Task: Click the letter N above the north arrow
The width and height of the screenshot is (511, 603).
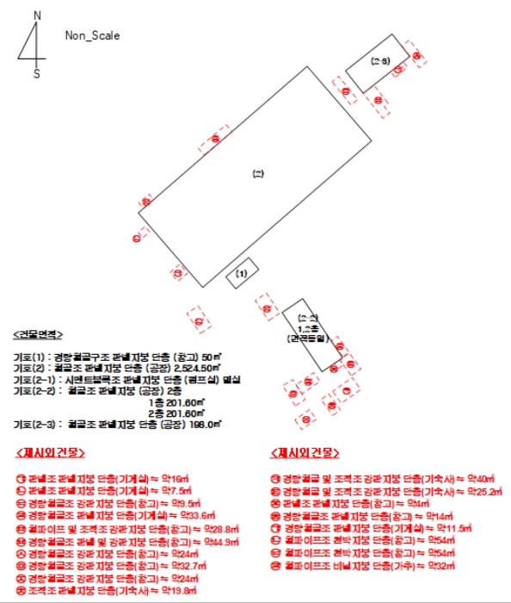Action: click(36, 16)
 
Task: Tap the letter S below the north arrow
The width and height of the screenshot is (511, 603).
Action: click(36, 74)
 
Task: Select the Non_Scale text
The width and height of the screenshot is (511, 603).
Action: click(92, 36)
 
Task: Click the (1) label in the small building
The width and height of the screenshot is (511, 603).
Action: click(242, 273)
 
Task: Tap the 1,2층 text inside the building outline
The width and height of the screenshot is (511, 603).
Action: click(308, 329)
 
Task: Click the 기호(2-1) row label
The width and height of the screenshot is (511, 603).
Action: click(33, 379)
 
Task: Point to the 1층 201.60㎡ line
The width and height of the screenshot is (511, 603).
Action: click(176, 402)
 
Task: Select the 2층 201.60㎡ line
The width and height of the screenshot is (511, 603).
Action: click(176, 413)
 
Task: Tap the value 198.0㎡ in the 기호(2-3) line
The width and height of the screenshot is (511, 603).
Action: click(203, 426)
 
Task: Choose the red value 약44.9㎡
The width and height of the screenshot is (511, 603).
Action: click(219, 540)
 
